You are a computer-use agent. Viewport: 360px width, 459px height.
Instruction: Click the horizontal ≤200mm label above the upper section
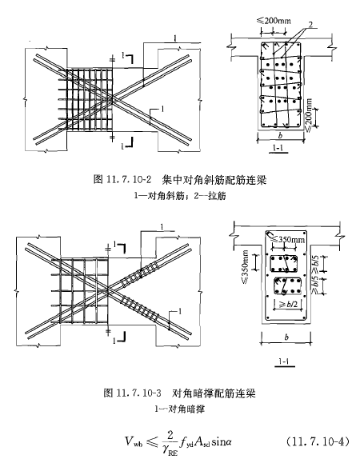tap(274, 21)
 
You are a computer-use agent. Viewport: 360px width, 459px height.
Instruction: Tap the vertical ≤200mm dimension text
tap(309, 115)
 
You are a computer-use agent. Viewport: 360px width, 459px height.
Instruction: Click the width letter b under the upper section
tap(280, 135)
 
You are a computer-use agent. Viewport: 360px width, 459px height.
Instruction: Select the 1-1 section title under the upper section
tap(278, 148)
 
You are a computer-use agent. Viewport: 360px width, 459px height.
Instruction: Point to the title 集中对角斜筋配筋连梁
tap(214, 179)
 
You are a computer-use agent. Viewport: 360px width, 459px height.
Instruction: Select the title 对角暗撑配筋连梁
tap(214, 393)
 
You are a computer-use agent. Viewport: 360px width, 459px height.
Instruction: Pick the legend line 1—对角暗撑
tap(179, 409)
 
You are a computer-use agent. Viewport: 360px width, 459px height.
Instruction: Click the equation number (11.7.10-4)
tap(318, 441)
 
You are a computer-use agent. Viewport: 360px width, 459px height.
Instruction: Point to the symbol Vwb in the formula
tap(134, 441)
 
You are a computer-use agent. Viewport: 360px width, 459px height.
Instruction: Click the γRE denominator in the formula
tap(170, 450)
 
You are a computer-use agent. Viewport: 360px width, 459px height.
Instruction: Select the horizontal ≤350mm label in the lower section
tap(288, 239)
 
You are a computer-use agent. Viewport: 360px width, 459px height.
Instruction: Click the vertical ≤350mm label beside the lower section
tap(245, 267)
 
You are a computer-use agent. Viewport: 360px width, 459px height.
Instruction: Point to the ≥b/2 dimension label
tap(288, 305)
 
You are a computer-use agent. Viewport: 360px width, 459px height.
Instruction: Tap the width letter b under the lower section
tap(286, 337)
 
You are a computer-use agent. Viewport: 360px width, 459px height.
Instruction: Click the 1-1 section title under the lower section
tap(283, 361)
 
